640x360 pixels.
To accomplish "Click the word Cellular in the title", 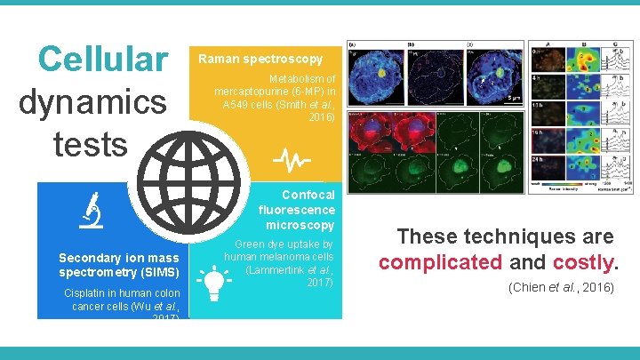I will click(x=102, y=60).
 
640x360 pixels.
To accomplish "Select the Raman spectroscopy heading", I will click(x=260, y=60).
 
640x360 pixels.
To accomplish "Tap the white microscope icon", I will click(x=90, y=210).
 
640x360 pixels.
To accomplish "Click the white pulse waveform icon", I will click(x=291, y=160).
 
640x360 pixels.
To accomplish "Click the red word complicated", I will click(x=441, y=262).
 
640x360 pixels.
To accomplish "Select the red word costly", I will click(x=582, y=262).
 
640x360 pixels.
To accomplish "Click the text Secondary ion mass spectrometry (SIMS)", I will click(x=119, y=264).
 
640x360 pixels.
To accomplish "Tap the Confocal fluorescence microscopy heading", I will click(x=297, y=210).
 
